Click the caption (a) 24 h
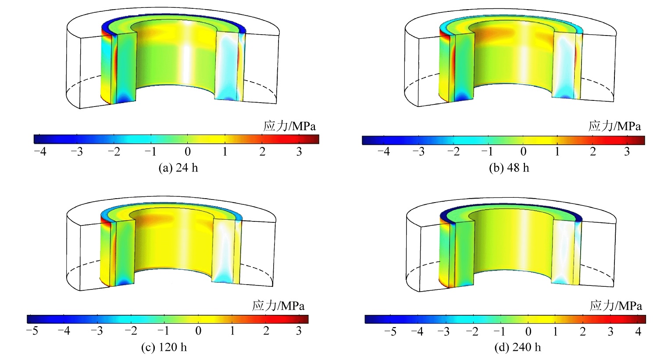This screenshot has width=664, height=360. click(x=178, y=168)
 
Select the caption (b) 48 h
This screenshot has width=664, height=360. click(x=509, y=168)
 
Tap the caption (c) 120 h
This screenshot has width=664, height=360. click(x=164, y=347)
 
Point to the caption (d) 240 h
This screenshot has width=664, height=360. click(x=518, y=347)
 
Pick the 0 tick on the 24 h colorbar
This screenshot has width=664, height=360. click(x=188, y=152)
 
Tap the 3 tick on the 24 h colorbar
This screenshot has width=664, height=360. click(x=299, y=152)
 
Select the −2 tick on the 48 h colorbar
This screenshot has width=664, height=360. click(x=453, y=152)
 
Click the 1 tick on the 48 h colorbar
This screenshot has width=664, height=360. click(x=557, y=152)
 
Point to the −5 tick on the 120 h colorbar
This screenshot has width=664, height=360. click(x=32, y=331)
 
